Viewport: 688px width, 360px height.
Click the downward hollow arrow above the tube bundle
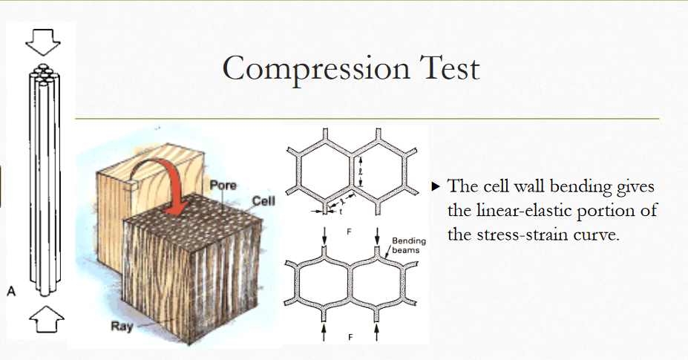click(41, 42)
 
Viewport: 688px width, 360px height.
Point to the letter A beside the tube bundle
click(11, 292)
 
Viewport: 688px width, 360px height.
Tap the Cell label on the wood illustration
click(263, 201)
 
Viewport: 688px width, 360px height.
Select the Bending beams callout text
click(406, 246)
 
